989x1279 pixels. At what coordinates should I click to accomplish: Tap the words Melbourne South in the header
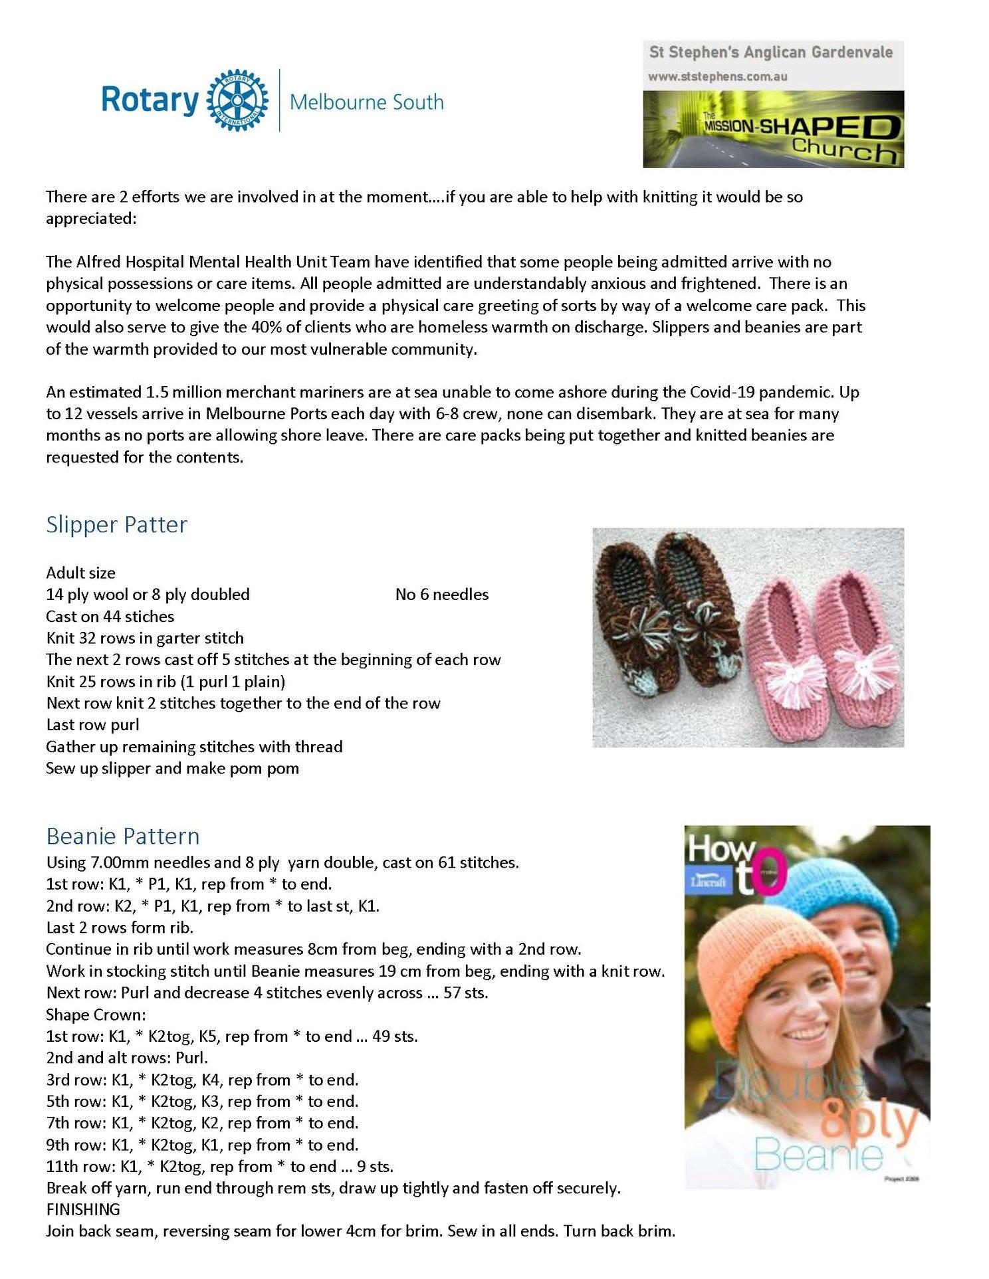click(x=367, y=102)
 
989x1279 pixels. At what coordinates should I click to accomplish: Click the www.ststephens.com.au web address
click(x=718, y=76)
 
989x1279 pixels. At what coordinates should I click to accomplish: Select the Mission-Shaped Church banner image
click(x=773, y=129)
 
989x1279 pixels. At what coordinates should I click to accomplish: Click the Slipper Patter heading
click(x=116, y=524)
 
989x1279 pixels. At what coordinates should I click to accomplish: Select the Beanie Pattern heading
click(x=123, y=835)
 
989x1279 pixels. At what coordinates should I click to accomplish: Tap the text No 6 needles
click(x=441, y=594)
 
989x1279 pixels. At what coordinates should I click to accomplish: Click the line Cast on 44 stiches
click(x=110, y=616)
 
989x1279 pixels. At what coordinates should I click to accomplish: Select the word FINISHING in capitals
click(x=83, y=1209)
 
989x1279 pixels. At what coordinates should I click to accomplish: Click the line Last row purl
click(x=92, y=724)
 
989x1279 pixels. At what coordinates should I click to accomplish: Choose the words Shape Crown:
click(x=96, y=1014)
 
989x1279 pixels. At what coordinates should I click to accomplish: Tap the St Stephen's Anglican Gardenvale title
click(x=771, y=52)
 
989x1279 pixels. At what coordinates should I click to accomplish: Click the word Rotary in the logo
click(x=150, y=101)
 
